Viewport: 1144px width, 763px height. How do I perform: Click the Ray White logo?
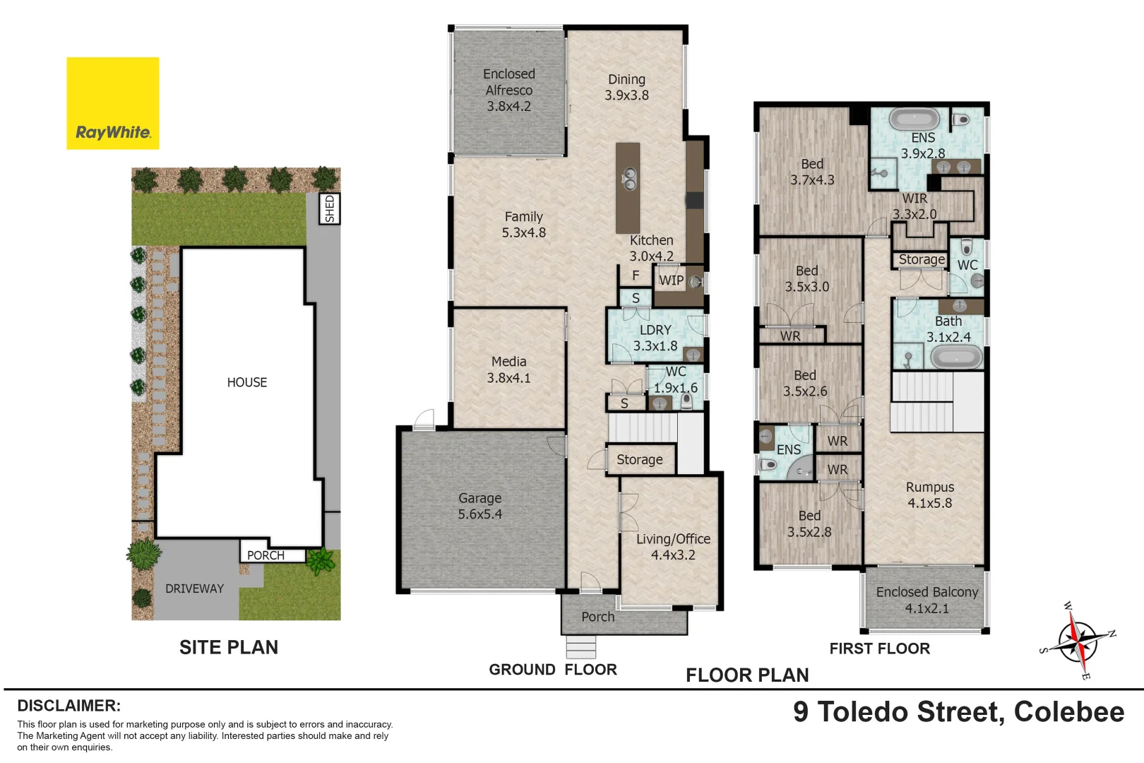coord(113,104)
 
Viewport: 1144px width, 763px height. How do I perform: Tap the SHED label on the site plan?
coord(330,209)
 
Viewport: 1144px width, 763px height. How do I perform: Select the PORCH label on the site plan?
coord(266,555)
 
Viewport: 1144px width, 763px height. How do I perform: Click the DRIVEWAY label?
coord(194,588)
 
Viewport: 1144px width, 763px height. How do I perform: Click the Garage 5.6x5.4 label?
coord(479,507)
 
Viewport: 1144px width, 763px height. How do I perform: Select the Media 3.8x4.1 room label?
coord(508,369)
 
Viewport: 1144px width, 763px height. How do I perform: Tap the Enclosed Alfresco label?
coord(508,90)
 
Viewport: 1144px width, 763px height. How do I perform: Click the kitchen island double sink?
coord(628,179)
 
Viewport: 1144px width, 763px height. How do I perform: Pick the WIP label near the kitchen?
coord(671,280)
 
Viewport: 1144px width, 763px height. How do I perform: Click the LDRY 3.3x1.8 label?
coord(655,338)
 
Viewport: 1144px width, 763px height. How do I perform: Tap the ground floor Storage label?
coord(639,460)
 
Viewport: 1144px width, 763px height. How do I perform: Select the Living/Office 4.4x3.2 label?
coord(673,547)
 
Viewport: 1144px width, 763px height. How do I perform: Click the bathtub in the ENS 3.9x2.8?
coord(914,119)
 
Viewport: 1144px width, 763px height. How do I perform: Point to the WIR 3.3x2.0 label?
coord(914,206)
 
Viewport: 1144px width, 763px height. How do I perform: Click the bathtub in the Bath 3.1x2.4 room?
coord(956,357)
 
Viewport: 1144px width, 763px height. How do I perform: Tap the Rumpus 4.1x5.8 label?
coord(929,495)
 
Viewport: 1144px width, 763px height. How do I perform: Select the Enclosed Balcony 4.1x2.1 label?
coord(926,600)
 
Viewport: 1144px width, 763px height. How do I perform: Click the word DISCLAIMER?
coord(68,706)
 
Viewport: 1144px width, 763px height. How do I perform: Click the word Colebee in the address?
coord(1068,712)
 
